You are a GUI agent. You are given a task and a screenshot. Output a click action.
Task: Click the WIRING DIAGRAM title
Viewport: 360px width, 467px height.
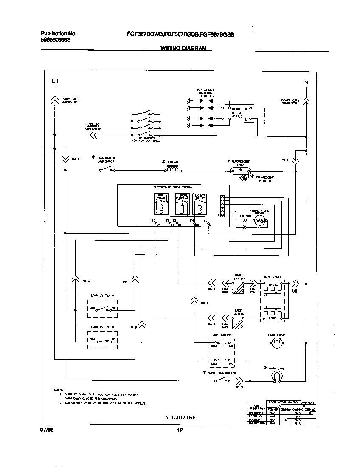(183, 48)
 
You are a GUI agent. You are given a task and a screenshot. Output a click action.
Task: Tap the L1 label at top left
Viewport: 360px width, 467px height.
(54, 81)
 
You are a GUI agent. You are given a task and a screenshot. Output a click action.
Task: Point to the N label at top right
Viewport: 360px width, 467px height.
(306, 82)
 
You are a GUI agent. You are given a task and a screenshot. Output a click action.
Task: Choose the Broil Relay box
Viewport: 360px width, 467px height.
(182, 204)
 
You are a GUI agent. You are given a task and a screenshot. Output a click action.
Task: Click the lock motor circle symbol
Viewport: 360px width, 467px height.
(277, 345)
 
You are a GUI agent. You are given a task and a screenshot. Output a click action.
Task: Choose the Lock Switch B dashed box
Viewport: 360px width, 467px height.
(102, 340)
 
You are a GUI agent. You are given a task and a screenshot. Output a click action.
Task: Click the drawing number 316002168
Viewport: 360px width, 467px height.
(180, 418)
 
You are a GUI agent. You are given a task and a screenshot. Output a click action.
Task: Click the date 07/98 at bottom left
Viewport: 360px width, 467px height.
(47, 430)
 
